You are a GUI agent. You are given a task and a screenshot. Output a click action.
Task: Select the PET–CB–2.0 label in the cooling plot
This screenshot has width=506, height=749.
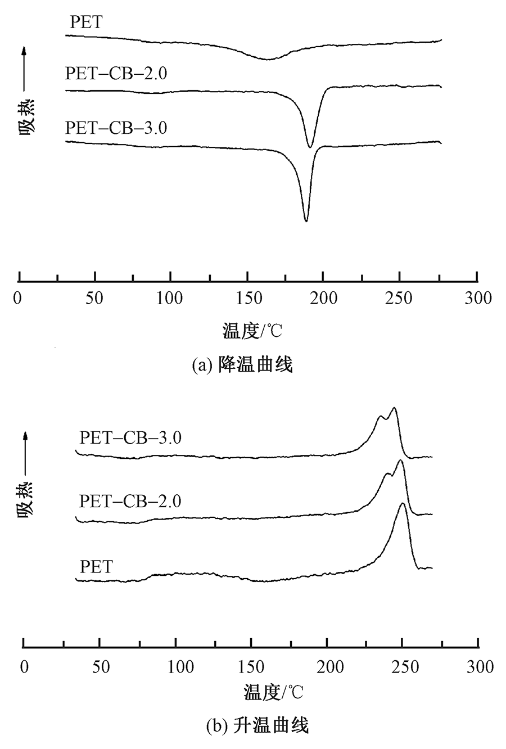(116, 74)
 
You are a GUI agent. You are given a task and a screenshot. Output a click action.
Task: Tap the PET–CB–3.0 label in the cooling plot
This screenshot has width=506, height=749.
(116, 128)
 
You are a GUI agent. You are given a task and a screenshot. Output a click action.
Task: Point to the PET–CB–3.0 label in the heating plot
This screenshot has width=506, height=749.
(130, 437)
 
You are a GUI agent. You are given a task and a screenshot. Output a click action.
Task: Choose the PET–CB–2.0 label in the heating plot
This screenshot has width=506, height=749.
(130, 500)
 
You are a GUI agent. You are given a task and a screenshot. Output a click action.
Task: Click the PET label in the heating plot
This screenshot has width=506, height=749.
(96, 566)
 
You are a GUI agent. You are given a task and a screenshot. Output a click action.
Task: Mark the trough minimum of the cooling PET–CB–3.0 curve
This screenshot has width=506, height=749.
(306, 221)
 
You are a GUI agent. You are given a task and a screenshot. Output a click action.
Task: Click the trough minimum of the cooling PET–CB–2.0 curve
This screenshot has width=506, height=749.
(310, 147)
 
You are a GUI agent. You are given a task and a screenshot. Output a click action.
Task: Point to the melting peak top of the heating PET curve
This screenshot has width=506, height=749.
(402, 504)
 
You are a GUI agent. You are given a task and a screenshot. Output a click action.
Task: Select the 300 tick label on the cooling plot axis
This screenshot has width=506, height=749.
(477, 298)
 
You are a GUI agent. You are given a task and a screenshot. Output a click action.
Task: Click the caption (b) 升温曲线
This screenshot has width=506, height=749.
(257, 726)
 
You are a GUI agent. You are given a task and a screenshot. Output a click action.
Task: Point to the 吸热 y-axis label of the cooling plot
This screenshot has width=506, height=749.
(26, 115)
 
